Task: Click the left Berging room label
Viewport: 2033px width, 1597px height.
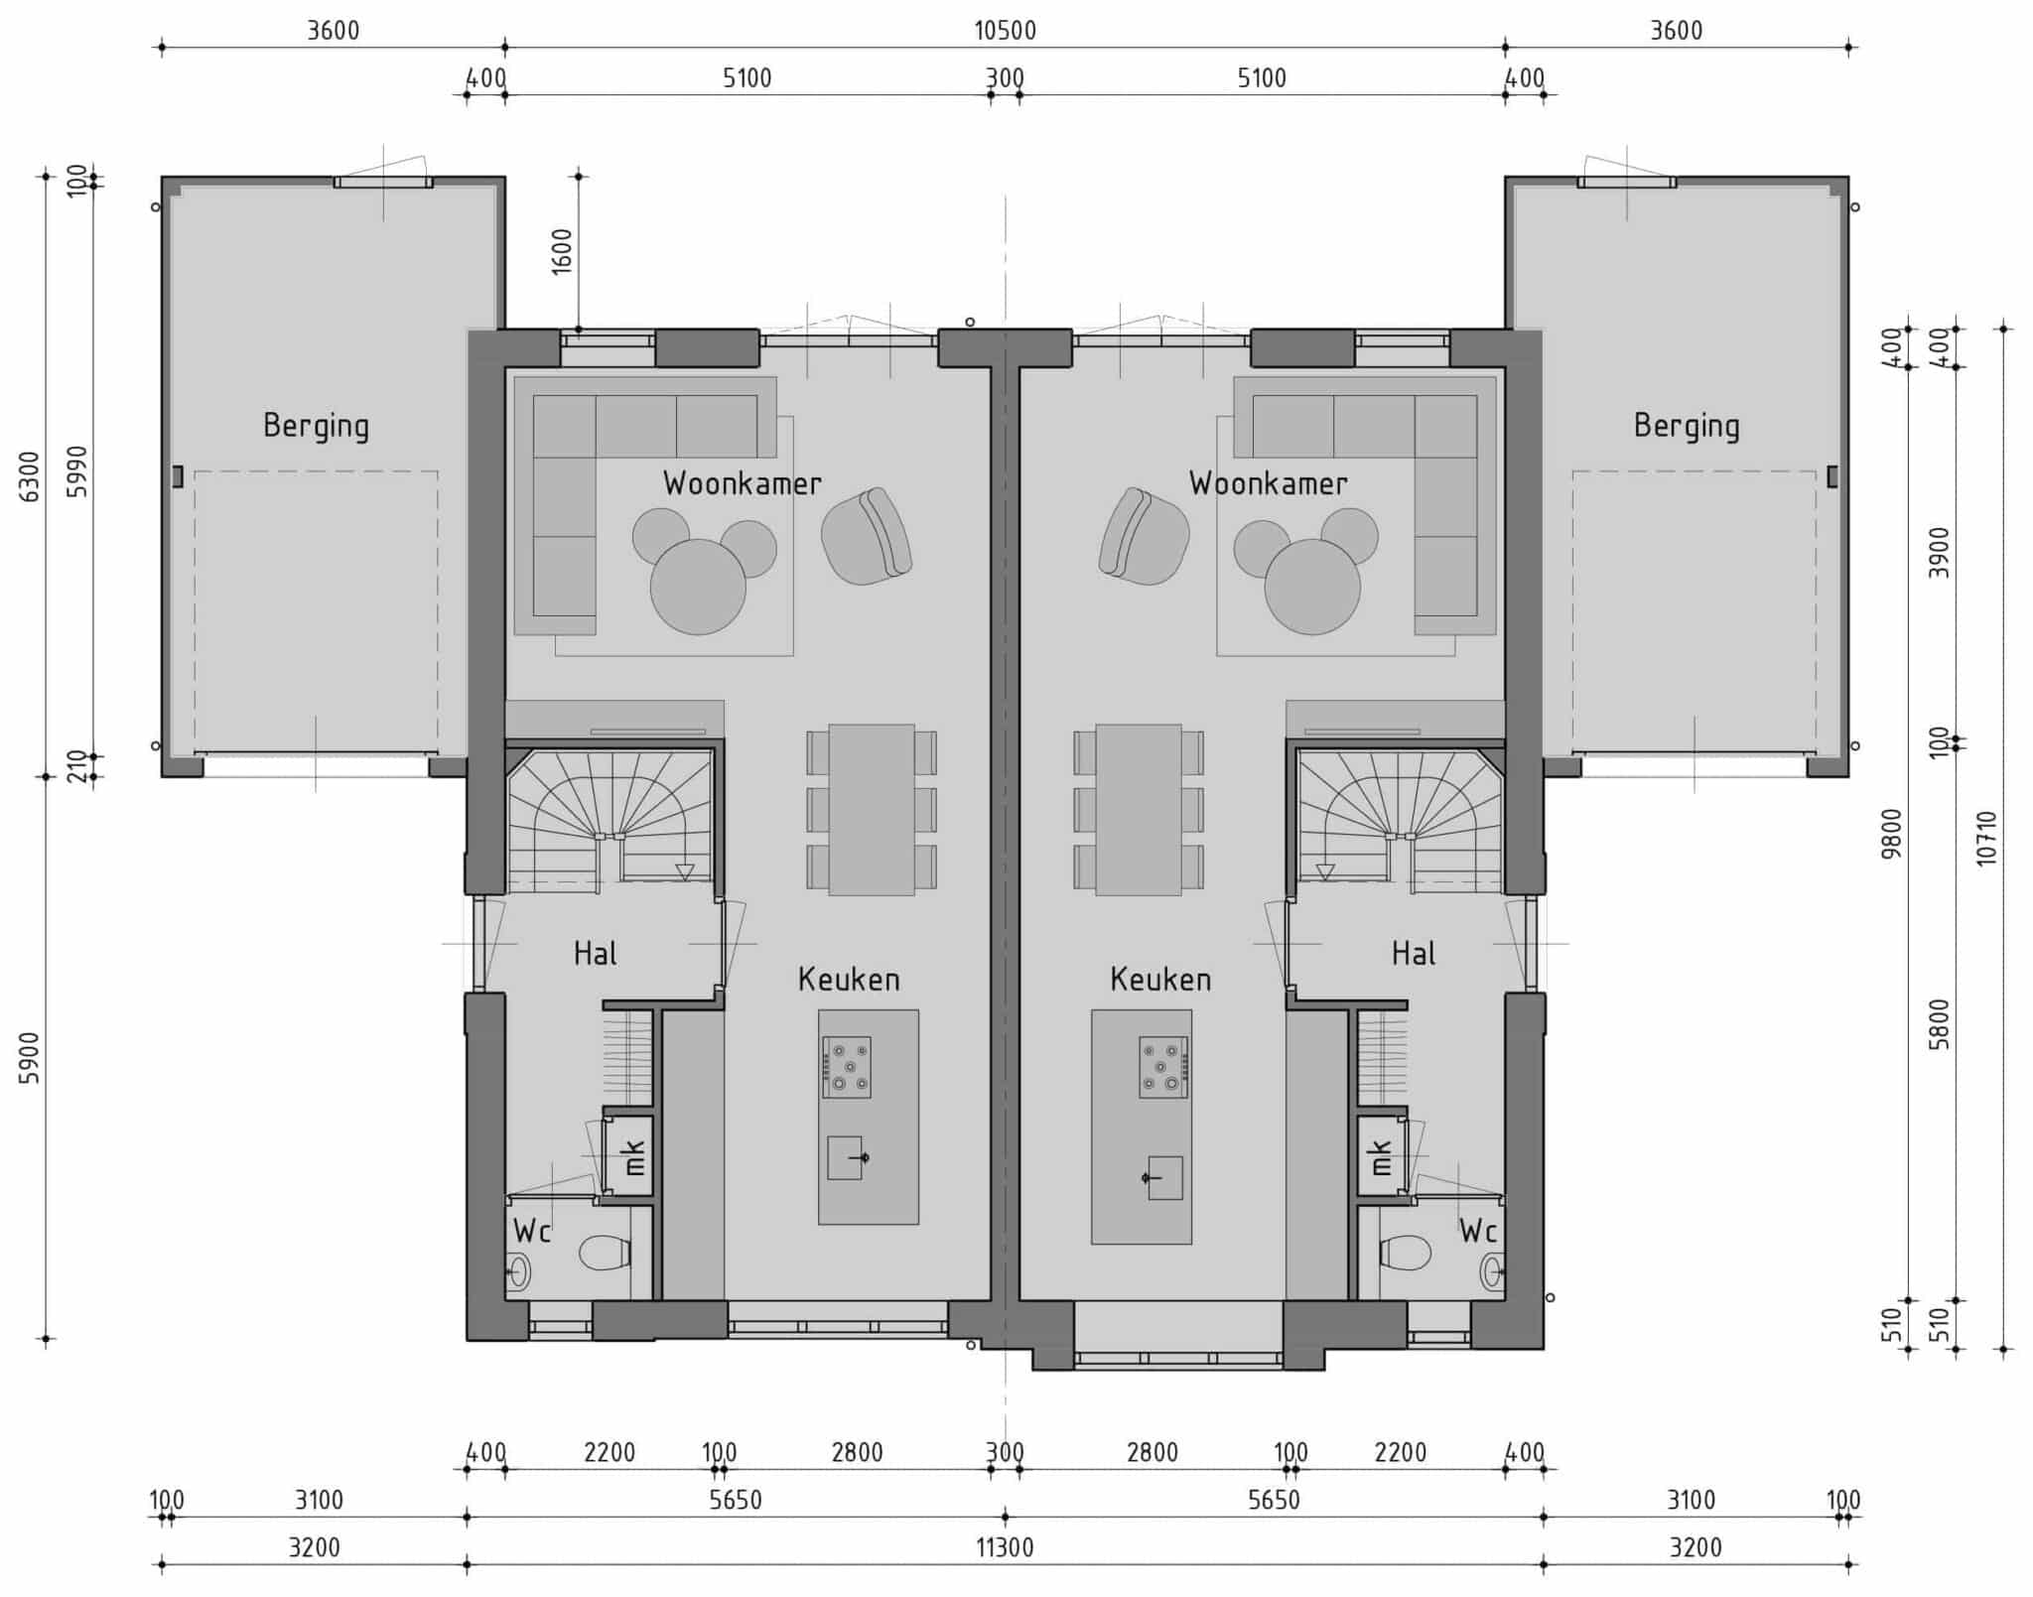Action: tap(316, 427)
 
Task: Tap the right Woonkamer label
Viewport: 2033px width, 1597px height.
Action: tap(1268, 483)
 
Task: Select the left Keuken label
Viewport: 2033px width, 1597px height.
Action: tap(849, 980)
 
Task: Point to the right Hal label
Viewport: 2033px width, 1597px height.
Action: tap(1414, 954)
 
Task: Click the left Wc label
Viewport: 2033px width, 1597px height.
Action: tap(532, 1232)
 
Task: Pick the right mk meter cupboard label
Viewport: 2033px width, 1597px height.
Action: tap(1381, 1157)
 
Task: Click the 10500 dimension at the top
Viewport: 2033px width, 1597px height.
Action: tap(1005, 31)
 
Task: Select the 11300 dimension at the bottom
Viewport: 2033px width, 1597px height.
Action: tap(1005, 1547)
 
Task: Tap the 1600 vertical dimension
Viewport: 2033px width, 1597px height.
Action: tap(562, 251)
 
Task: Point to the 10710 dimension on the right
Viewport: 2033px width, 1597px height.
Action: tap(1985, 839)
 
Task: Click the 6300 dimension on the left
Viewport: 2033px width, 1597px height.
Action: tap(31, 476)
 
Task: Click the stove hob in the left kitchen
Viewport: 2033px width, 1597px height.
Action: tap(847, 1067)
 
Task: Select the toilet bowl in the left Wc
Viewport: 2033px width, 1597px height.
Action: tap(604, 1253)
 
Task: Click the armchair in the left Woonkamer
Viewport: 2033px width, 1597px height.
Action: tap(867, 536)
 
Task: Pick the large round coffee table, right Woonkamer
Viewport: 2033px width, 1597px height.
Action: tap(1312, 587)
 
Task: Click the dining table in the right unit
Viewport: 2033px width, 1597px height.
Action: tap(1139, 810)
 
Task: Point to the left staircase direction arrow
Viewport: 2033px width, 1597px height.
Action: tap(684, 872)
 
